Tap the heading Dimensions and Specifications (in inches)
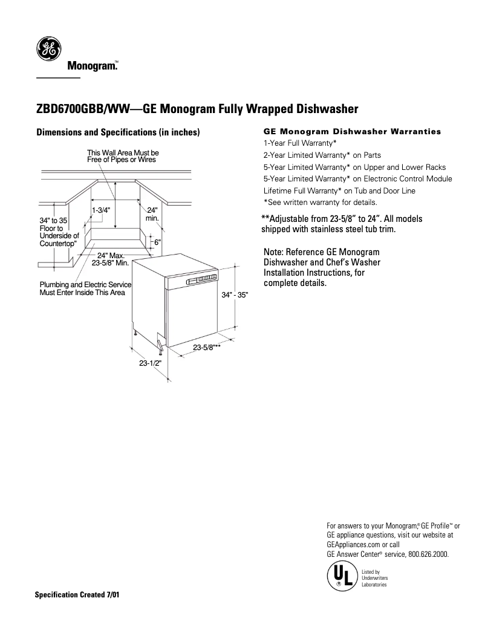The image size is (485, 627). point(118,132)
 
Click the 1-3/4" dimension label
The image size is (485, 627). point(100,210)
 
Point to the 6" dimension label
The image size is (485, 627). point(157,242)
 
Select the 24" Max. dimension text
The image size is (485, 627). point(111,256)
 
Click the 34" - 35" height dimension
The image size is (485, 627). point(235,294)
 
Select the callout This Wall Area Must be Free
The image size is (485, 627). point(123,156)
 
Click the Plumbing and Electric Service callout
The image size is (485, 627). point(85,288)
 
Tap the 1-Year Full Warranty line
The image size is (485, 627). point(300,143)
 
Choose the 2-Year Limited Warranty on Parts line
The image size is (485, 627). point(322,155)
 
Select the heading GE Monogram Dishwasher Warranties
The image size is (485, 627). point(353,131)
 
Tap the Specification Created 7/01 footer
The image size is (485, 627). point(77,594)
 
